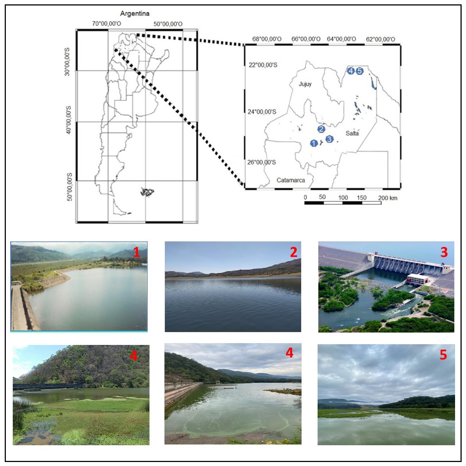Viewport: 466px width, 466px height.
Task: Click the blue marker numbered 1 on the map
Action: click(x=314, y=143)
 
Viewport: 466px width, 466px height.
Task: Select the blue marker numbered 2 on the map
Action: click(x=321, y=129)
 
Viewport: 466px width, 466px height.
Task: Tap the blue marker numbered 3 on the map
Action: click(x=329, y=139)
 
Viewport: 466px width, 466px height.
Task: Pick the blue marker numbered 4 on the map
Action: click(x=351, y=71)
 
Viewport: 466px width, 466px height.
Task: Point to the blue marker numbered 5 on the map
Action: click(x=360, y=71)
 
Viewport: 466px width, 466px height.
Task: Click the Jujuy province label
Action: click(x=305, y=84)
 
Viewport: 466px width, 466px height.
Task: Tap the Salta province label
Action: click(x=352, y=133)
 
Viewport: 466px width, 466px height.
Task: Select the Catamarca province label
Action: click(x=291, y=180)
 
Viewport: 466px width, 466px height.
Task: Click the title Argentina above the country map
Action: click(x=135, y=13)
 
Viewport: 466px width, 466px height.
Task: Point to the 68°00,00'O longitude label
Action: click(x=267, y=39)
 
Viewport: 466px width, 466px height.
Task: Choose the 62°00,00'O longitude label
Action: click(x=380, y=39)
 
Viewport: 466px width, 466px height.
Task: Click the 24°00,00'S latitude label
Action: click(x=262, y=112)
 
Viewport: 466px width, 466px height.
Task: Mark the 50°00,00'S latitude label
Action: click(x=70, y=187)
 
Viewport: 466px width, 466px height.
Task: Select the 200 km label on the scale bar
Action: click(x=388, y=198)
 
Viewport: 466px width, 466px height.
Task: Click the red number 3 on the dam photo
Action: click(x=444, y=252)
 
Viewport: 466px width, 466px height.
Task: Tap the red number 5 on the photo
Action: click(x=443, y=355)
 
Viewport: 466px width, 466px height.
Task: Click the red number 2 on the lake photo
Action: click(x=294, y=252)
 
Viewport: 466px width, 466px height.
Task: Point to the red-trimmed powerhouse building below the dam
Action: click(x=418, y=279)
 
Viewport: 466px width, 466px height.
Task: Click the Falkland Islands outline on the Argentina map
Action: click(x=147, y=192)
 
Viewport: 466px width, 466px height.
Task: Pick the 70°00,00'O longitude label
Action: click(x=106, y=24)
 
